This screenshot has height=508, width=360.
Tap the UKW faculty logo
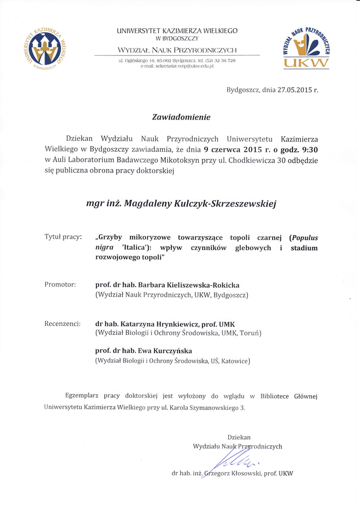pyautogui.click(x=306, y=48)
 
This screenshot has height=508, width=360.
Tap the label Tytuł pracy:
pyautogui.click(x=63, y=237)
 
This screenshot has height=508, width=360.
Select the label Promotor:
pyautogui.click(x=60, y=285)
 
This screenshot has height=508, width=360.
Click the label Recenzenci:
pyautogui.click(x=63, y=323)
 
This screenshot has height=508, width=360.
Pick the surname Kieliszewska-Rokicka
pyautogui.click(x=206, y=285)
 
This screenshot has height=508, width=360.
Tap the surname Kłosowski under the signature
pyautogui.click(x=242, y=473)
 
